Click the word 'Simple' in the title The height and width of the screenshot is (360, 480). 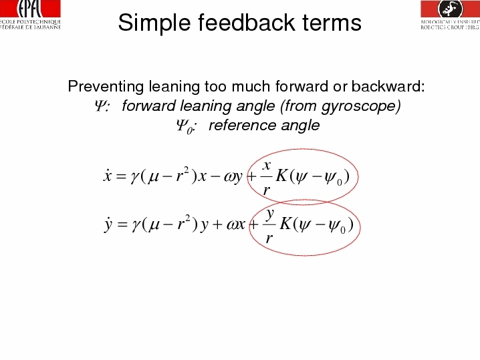click(154, 23)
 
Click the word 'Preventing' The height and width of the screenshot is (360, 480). click(106, 87)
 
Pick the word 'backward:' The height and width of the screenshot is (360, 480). click(388, 86)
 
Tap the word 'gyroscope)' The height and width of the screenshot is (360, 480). click(360, 106)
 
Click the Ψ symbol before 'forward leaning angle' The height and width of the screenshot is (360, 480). click(100, 106)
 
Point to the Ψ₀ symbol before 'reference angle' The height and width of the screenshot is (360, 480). click(185, 127)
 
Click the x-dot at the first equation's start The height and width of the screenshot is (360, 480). click(107, 176)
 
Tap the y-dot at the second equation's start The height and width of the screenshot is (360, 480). click(108, 225)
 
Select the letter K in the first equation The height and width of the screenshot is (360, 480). click(281, 176)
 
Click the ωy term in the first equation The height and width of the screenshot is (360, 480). click(233, 177)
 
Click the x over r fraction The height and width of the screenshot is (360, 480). click(267, 178)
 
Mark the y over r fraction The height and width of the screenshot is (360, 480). click(269, 226)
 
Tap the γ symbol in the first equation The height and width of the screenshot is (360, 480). click(134, 178)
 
